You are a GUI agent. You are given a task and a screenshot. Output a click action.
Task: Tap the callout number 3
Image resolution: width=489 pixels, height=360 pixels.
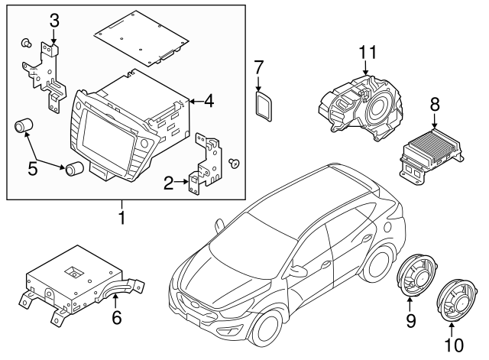pyautogui.click(x=54, y=20)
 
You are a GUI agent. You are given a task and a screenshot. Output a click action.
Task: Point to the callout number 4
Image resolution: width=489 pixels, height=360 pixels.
pyautogui.click(x=208, y=99)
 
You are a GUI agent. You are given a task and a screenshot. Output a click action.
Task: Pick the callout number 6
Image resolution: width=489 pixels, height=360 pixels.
pyautogui.click(x=117, y=317)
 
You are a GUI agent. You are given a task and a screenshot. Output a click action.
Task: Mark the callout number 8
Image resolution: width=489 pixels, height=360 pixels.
pyautogui.click(x=435, y=104)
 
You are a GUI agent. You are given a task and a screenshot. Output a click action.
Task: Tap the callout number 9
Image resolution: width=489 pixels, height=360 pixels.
pyautogui.click(x=410, y=322)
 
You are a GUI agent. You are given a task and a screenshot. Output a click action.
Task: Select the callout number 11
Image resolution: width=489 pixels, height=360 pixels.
pyautogui.click(x=368, y=53)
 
